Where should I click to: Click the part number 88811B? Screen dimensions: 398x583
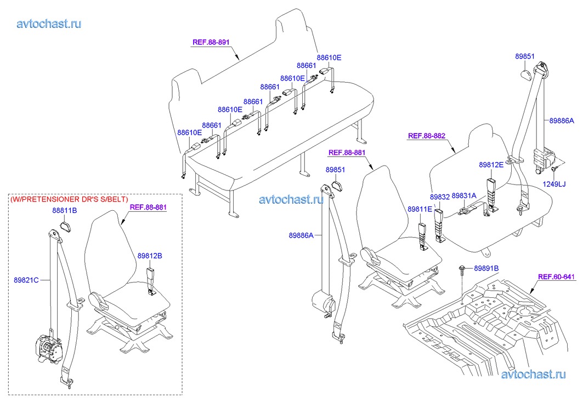(65, 210)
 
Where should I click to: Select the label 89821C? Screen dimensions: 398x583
(26, 280)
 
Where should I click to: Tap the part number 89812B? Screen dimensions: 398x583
(150, 255)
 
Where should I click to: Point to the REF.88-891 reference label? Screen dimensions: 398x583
(211, 42)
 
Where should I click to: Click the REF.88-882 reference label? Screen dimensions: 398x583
(427, 135)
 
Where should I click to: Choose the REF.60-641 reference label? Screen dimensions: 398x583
(556, 277)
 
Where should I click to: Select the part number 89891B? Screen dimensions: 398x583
(486, 268)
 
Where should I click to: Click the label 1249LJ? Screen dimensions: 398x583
(554, 184)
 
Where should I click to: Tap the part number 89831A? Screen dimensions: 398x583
(464, 195)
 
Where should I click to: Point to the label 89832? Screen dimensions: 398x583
(439, 195)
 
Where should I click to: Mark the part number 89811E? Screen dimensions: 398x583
(420, 209)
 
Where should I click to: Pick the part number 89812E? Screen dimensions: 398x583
(491, 164)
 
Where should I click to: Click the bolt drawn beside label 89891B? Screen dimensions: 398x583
(461, 269)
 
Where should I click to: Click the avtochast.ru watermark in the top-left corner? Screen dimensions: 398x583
(49, 24)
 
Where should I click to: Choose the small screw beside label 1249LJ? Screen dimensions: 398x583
(555, 167)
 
